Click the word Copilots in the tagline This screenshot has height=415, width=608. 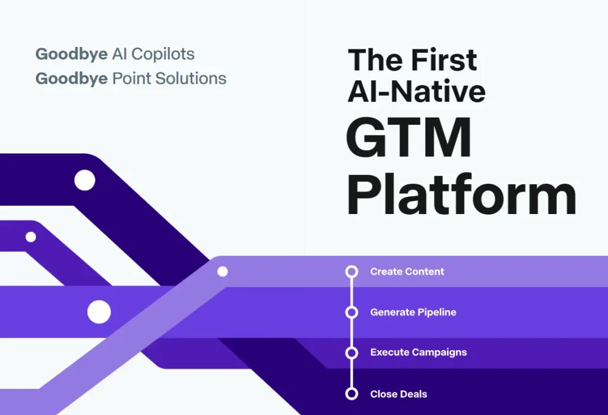click(163, 54)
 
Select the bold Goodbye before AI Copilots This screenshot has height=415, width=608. click(71, 54)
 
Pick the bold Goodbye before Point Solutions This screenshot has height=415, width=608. click(71, 79)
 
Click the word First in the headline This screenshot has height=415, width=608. click(444, 60)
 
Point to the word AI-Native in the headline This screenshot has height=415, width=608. click(416, 91)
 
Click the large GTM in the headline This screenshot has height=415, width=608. click(408, 137)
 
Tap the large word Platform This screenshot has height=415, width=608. click(461, 193)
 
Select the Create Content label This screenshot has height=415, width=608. click(407, 271)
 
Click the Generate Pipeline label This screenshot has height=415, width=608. click(413, 312)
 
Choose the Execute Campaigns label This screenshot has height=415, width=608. click(419, 352)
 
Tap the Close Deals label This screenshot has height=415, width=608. click(398, 394)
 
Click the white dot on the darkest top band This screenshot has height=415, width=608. click(84, 180)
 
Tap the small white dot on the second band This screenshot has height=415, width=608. click(31, 237)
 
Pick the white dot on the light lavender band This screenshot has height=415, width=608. click(222, 271)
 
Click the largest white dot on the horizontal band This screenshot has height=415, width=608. click(99, 312)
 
